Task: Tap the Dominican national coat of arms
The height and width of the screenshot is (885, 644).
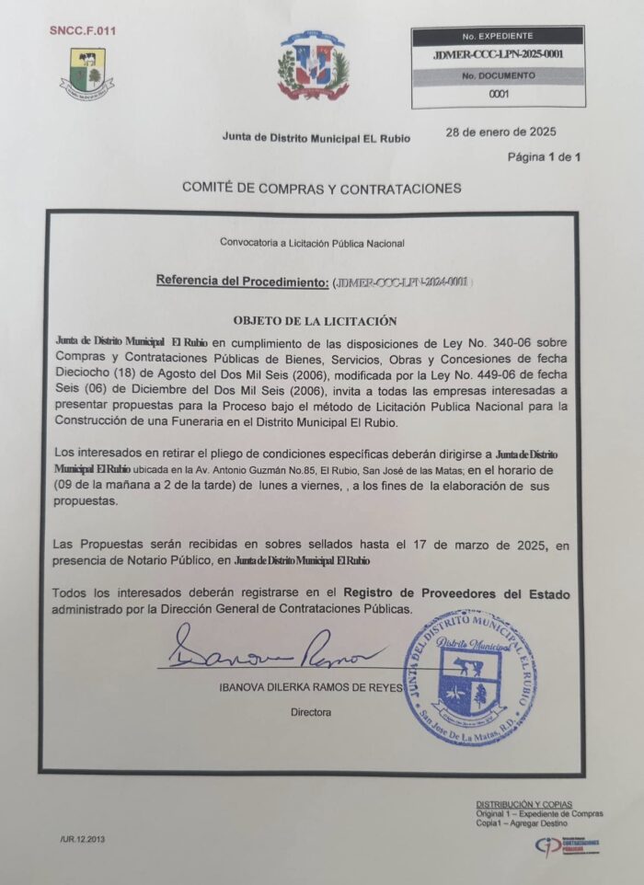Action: point(313,66)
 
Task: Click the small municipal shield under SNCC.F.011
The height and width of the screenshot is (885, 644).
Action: point(87,74)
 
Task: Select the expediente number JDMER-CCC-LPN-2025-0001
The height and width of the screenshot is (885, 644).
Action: point(498,55)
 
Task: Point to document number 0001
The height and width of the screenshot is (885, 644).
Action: point(499,94)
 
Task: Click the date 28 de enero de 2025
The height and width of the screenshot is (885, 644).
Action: point(500,131)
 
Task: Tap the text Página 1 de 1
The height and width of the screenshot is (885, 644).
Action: point(545,157)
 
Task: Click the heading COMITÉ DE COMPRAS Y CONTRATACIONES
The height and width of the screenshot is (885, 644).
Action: point(321,188)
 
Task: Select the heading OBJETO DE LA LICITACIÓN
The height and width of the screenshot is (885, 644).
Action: point(315,321)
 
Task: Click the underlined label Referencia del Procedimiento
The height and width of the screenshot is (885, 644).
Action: point(242,280)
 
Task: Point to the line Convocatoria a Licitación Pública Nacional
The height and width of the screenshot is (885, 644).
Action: point(312,243)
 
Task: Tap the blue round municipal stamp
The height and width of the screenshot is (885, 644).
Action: point(470,677)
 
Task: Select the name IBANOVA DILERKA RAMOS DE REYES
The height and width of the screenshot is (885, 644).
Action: point(311,688)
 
